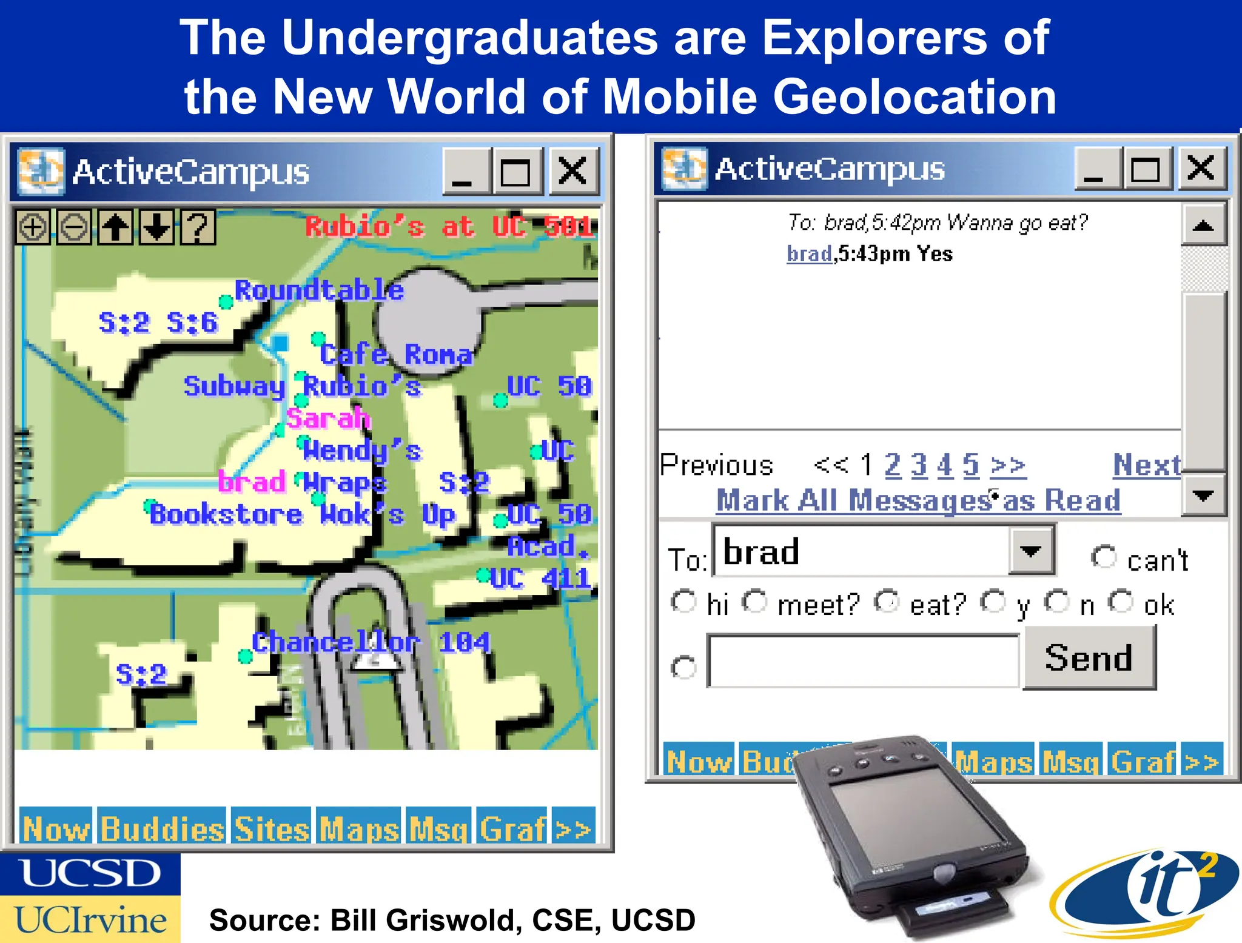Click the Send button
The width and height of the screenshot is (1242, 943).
point(1089,658)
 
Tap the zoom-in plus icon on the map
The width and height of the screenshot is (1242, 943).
point(33,227)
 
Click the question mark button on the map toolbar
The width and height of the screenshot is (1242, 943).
point(197,227)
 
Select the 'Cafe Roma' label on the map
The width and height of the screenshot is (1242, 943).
point(395,354)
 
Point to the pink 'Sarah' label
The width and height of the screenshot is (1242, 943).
point(327,418)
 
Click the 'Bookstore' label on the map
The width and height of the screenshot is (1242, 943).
point(226,515)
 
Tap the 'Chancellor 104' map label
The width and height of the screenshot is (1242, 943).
point(371,642)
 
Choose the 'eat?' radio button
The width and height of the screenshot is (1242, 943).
point(886,602)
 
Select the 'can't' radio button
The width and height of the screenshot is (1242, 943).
point(1103,557)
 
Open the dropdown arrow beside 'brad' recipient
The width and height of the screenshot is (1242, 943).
point(1030,551)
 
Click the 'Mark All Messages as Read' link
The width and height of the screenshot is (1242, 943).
point(918,501)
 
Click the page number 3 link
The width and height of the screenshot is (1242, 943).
point(919,466)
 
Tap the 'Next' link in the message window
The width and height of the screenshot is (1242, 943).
point(1146,465)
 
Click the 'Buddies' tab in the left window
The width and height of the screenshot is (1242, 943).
point(162,828)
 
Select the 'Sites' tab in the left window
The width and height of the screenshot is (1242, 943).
point(272,828)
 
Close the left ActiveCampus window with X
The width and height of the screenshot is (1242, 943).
point(572,172)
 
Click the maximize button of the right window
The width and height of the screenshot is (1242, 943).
point(1145,169)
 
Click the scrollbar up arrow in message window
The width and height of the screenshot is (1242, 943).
point(1203,226)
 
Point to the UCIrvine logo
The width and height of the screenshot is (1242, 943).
point(90,919)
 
